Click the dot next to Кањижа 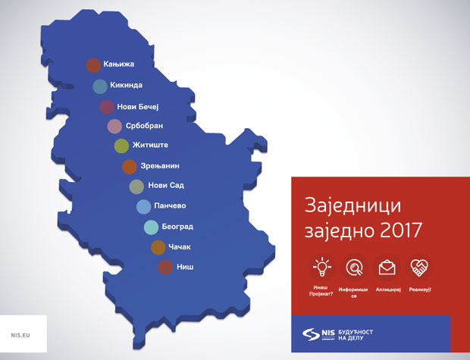tap(93, 66)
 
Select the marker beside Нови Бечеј tap(107, 106)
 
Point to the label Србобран tap(144, 126)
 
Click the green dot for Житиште tap(121, 146)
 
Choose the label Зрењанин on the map tap(160, 166)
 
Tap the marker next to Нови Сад tap(136, 186)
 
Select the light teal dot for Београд tap(151, 227)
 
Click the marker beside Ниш tap(164, 267)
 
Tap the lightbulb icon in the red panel tap(322, 267)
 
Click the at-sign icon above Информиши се tap(354, 267)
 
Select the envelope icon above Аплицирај tap(387, 267)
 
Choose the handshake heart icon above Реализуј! tap(419, 267)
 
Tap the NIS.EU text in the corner tap(21, 334)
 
